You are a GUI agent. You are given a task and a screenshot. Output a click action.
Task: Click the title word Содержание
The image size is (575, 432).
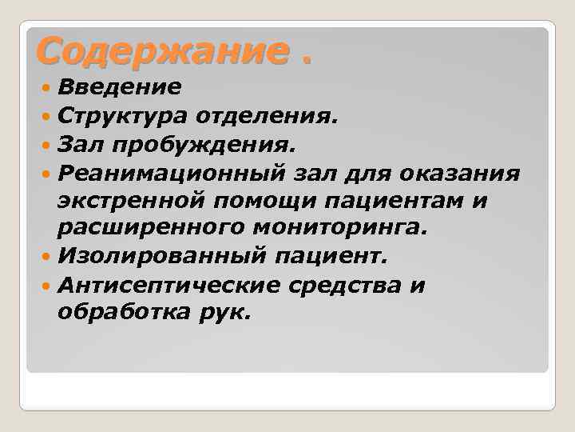pyautogui.click(x=159, y=51)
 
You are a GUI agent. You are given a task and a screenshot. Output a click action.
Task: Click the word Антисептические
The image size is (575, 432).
pyautogui.click(x=169, y=286)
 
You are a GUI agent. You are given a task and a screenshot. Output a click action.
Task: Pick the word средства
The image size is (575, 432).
pyautogui.click(x=348, y=286)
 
